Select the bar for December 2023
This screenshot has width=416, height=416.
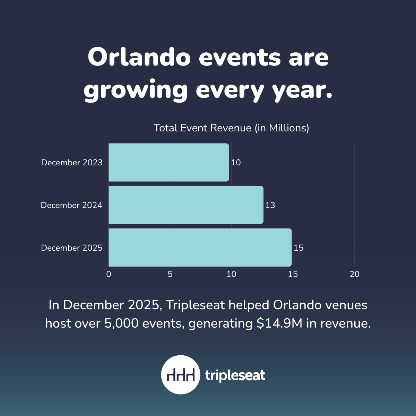169,163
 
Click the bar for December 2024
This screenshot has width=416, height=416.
186,205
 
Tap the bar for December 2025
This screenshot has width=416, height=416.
200,248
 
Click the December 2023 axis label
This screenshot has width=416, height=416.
72,163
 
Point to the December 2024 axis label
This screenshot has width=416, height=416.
71,205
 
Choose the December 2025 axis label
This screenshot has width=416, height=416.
72,248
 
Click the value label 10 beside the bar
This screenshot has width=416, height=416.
236,163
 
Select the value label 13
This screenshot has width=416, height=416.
270,205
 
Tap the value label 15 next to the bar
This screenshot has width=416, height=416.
298,248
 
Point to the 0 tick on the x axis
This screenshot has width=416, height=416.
109,274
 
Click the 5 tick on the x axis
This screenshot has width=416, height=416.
170,274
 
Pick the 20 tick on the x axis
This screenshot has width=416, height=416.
354,274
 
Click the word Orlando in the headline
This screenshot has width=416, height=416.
139,57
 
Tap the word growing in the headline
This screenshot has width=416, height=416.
135,90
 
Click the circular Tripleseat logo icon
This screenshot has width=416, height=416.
180,375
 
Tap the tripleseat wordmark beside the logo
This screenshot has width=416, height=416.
235,375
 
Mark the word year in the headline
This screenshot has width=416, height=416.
302,90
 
